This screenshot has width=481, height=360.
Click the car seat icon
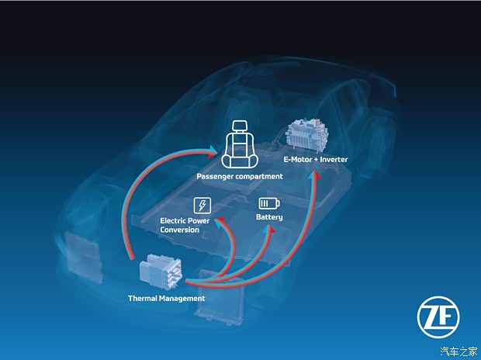pos(240,144)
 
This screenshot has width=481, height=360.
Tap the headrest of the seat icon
pos(240,126)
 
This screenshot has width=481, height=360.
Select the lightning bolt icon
pos(202,206)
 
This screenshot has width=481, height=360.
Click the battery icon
pos(269,203)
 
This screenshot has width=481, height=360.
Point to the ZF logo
pos(438,317)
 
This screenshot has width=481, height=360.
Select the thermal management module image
pos(161,272)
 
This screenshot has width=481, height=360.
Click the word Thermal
pos(142,298)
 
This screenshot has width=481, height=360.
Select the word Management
pos(182,299)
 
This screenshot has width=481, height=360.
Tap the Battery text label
pos(269,217)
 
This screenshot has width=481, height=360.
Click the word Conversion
pos(179,230)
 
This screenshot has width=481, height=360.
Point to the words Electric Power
pos(185,220)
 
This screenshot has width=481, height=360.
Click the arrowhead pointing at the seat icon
pos(213,151)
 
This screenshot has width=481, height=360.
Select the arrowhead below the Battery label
pos(269,229)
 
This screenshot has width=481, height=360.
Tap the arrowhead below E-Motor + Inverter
pos(314,175)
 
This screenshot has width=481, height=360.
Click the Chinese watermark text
pos(459,351)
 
